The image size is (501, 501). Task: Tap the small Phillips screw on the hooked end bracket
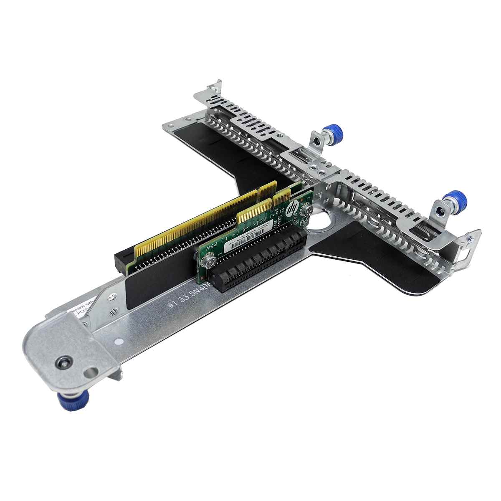click(x=471, y=239)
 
